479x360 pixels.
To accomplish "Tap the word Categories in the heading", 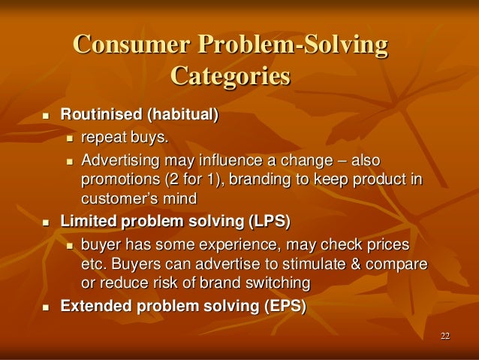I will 230,77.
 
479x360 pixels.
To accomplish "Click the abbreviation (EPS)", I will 281,307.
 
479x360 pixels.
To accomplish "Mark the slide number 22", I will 445,335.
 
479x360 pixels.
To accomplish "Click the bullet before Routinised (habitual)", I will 45,116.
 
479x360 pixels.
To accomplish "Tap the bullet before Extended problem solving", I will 45,307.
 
